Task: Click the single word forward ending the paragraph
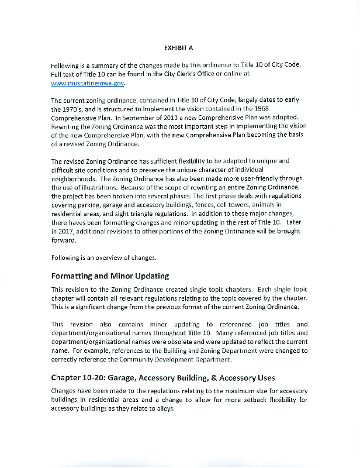[x=64, y=239]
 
